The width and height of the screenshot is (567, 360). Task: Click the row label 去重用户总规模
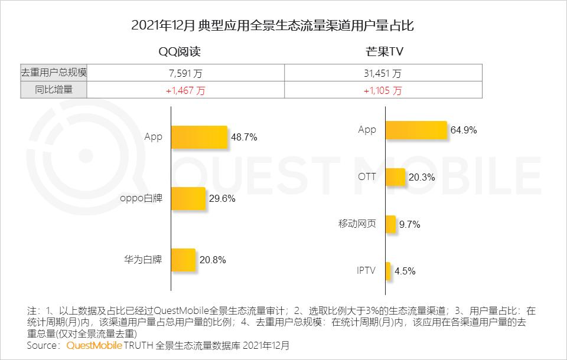coord(54,73)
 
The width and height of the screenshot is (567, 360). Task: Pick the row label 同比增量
coord(54,90)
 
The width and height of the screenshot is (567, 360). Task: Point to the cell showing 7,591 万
coord(185,73)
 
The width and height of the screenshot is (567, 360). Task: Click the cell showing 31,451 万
coord(383,73)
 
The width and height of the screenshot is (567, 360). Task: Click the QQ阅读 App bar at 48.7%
coord(199,137)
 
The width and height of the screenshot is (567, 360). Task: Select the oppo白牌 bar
coord(188,198)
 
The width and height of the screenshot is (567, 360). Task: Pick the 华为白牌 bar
coord(183,259)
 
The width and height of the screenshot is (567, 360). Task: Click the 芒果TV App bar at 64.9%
coord(416,130)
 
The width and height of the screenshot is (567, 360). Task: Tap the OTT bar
coord(395,177)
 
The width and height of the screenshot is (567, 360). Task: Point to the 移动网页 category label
coord(357,224)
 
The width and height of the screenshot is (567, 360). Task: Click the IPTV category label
coord(366,271)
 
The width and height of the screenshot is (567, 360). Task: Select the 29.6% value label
coord(222,199)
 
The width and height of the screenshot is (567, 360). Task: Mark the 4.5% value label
coord(405,271)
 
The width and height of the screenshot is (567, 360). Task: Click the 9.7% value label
coord(409,224)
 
